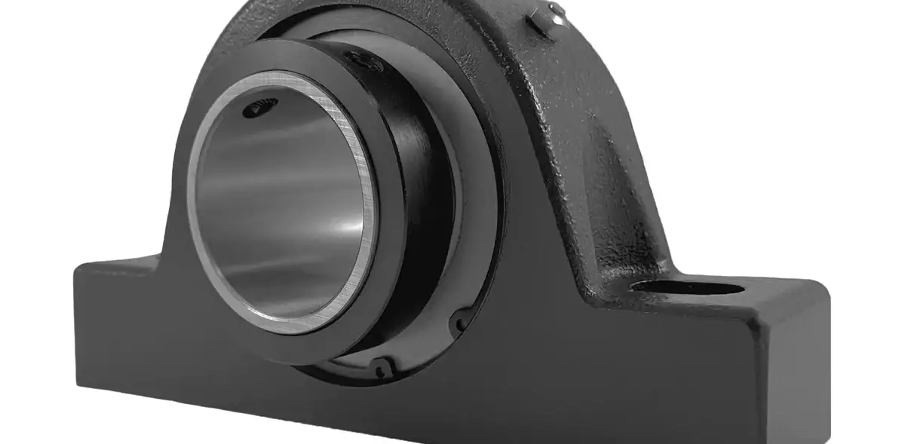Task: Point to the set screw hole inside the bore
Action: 256,111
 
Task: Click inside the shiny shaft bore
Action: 279,211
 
